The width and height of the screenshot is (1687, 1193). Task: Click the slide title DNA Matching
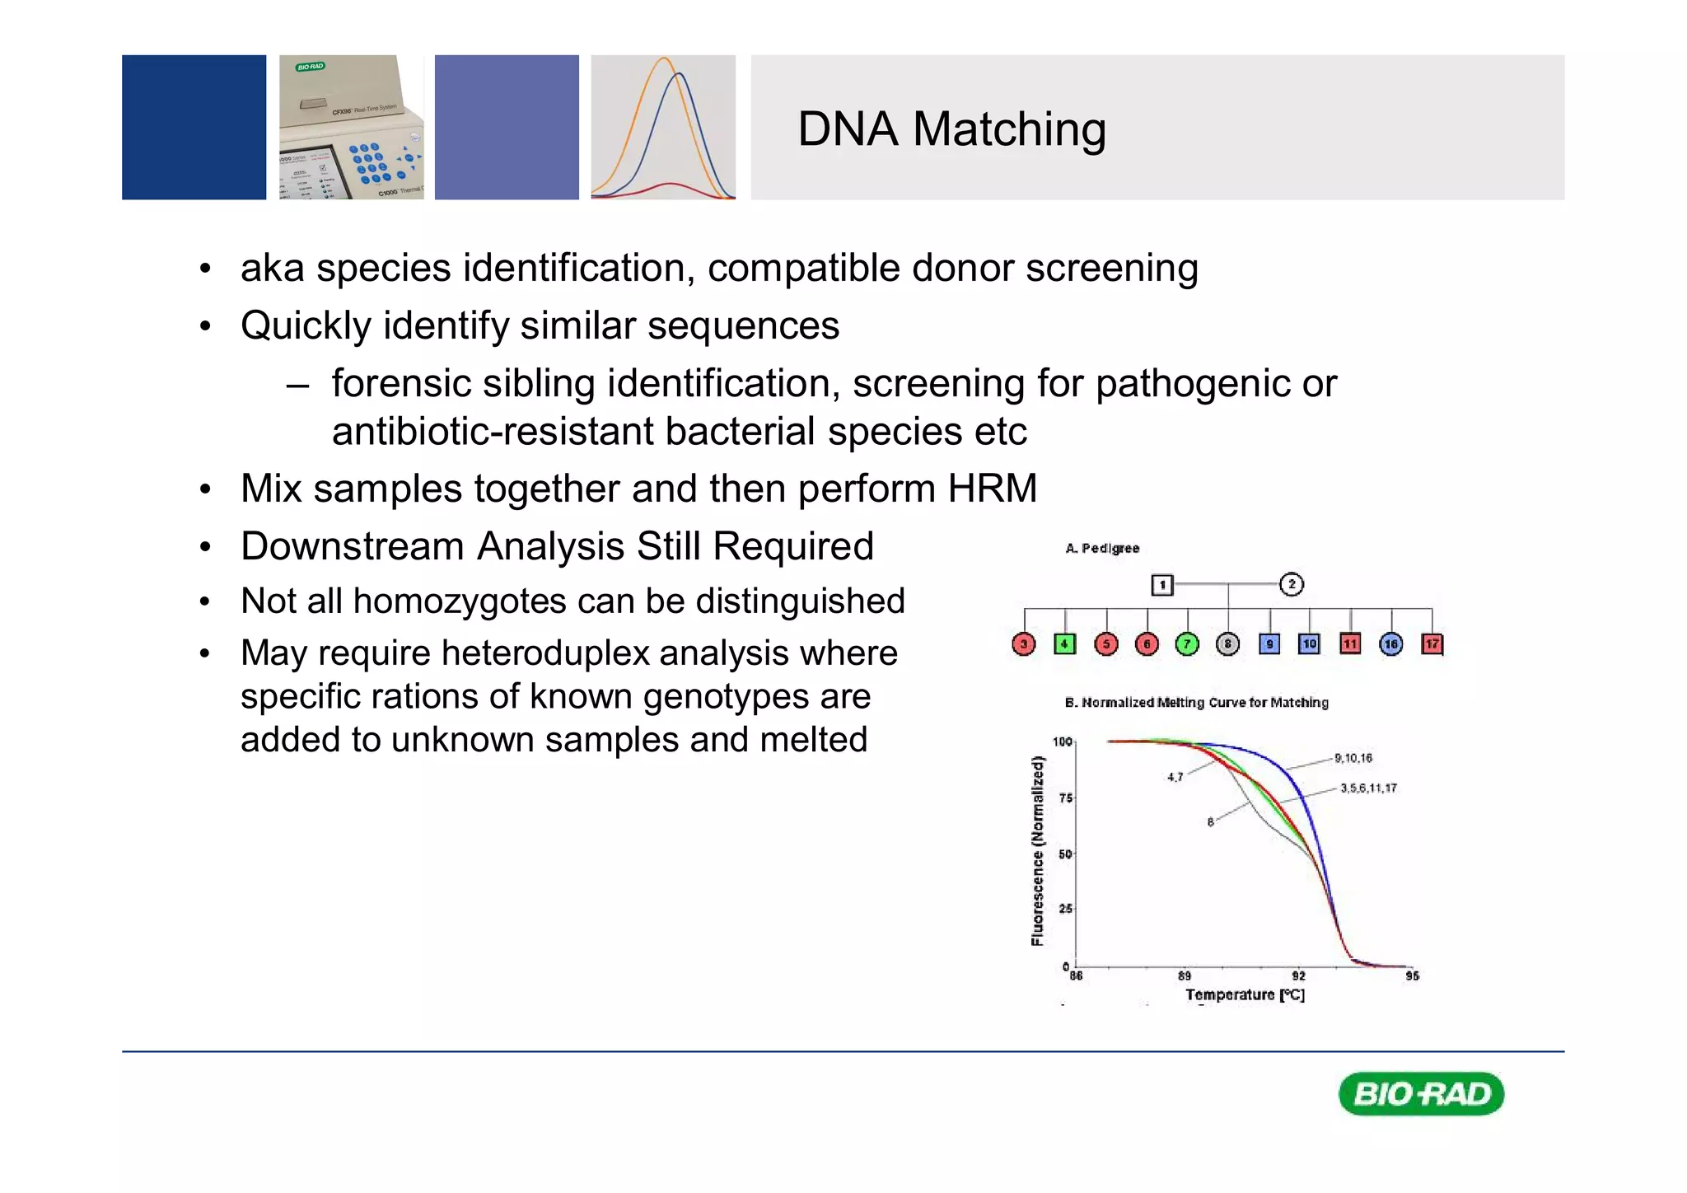pos(951,129)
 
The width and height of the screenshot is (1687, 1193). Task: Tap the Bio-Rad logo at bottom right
pos(1421,1093)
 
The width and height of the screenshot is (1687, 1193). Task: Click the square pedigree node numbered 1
pos(1161,585)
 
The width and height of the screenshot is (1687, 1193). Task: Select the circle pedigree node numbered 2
pos(1291,584)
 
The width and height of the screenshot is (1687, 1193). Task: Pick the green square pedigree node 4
pos(1064,643)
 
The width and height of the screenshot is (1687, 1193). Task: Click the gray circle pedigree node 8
pos(1227,643)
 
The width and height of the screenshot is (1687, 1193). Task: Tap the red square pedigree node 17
pos(1432,643)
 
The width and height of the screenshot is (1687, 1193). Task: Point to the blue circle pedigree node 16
pos(1390,643)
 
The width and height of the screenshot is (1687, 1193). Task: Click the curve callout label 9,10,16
pos(1353,758)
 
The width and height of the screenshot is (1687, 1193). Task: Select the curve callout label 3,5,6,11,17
pos(1368,788)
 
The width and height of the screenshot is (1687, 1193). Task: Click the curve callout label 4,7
pos(1175,777)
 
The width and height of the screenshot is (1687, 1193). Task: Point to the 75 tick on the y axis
pos(1066,798)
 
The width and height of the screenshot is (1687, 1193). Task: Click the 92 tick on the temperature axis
pos(1298,975)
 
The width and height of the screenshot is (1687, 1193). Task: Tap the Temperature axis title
pos(1245,994)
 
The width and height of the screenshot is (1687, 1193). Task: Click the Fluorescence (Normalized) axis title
pos(1038,851)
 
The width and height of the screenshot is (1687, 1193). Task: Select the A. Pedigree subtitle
pos(1102,548)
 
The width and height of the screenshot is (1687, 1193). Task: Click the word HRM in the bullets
pos(992,488)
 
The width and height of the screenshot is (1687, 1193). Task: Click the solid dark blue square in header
pos(194,127)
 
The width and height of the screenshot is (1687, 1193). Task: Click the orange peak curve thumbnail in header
pos(663,127)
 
